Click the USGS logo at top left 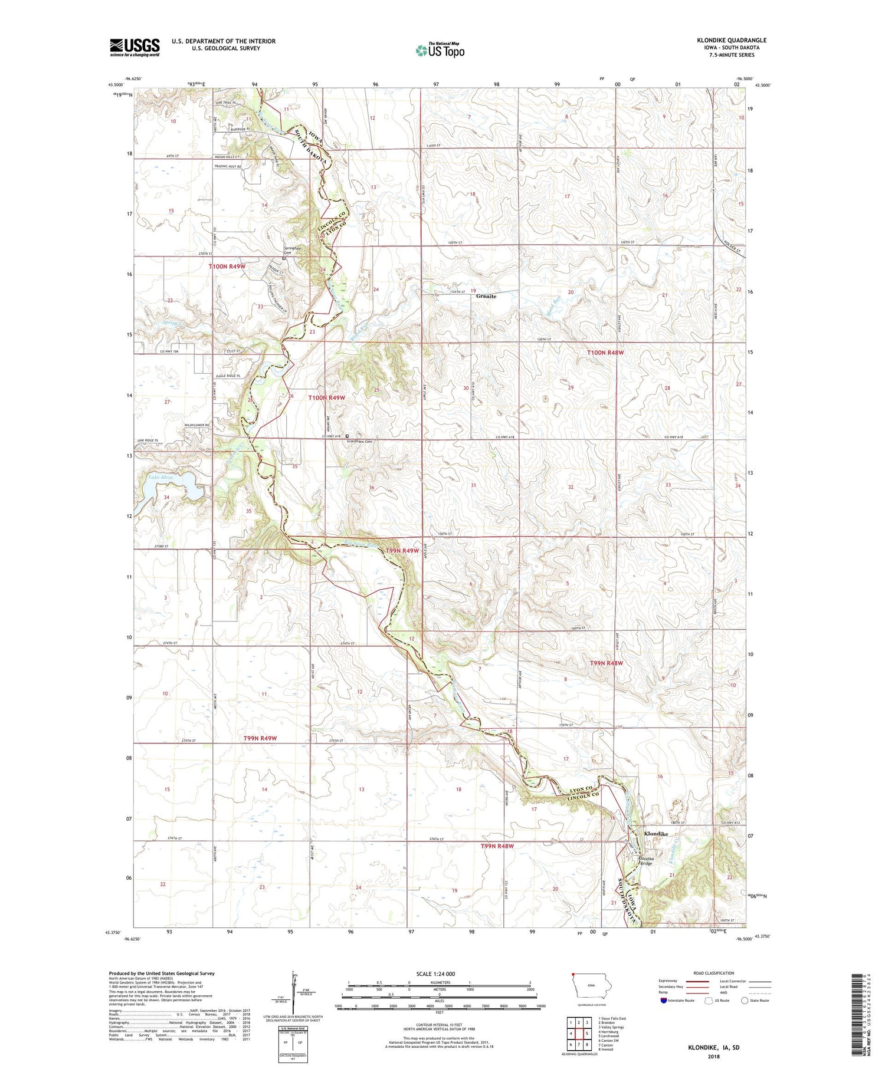[135, 47]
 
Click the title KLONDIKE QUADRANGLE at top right [731, 41]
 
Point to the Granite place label [486, 297]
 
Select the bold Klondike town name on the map [656, 834]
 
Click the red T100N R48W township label [605, 353]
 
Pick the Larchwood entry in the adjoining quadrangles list [608, 1036]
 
